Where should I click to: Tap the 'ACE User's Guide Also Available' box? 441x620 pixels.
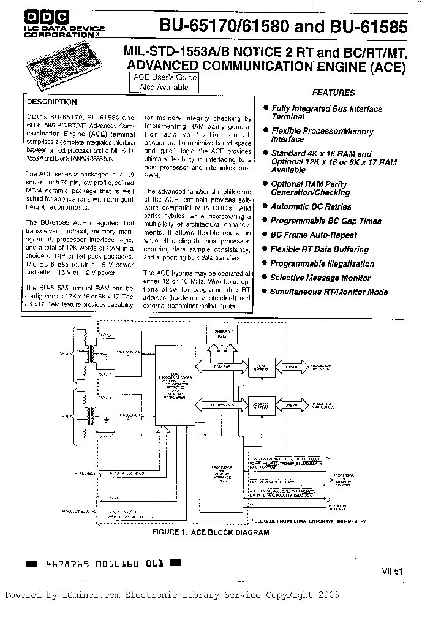pos(164,83)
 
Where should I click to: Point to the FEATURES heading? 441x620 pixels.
pos(333,93)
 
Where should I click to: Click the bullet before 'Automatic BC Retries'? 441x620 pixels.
pos(265,207)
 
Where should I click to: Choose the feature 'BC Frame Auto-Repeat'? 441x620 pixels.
pos(314,235)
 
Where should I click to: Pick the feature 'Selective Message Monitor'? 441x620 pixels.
pos(320,278)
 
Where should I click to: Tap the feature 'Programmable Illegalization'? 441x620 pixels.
pos(322,263)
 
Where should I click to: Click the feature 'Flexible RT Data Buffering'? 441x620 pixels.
pos(319,249)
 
